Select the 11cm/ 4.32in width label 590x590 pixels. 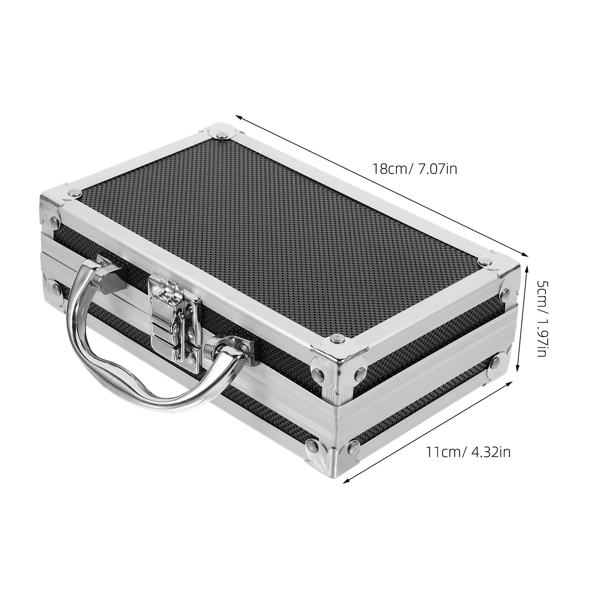tap(468, 452)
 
